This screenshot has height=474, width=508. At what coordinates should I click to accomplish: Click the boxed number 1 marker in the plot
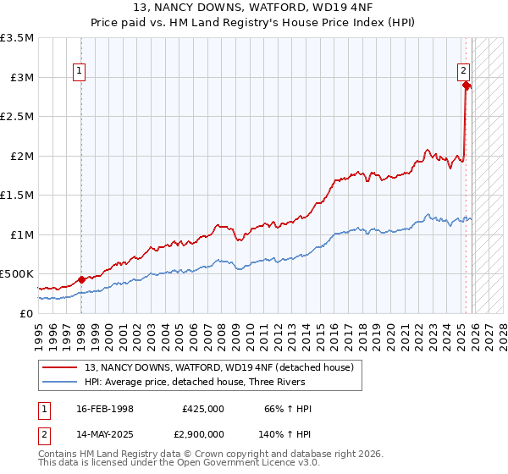80,72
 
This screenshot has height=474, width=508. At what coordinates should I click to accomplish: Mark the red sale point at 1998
81,279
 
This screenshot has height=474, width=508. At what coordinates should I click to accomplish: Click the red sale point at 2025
466,85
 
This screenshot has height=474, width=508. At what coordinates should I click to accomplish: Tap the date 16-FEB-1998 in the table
107,409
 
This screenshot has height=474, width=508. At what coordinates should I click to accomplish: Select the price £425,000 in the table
202,409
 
